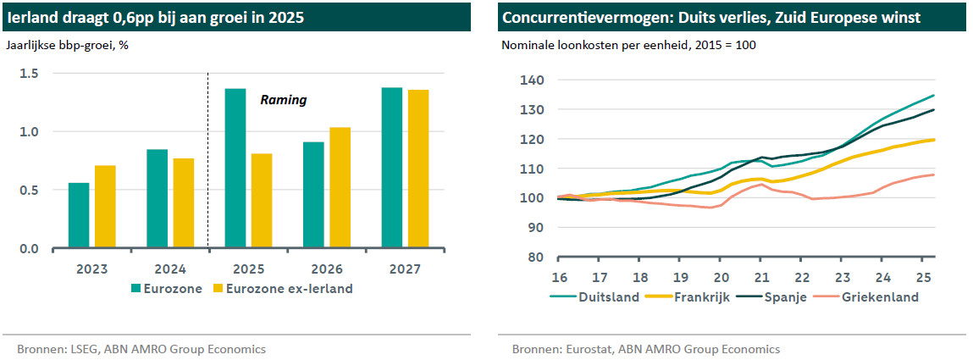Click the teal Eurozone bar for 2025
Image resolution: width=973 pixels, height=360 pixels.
[x=235, y=169]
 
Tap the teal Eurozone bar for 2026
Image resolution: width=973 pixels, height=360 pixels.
[x=312, y=195]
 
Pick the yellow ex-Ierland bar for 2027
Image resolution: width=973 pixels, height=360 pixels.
[x=417, y=169]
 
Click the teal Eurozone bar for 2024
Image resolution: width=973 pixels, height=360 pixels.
[x=157, y=198]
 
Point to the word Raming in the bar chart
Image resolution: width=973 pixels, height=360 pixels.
[x=283, y=100]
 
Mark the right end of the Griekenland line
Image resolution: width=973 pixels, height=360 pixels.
[x=933, y=174]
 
